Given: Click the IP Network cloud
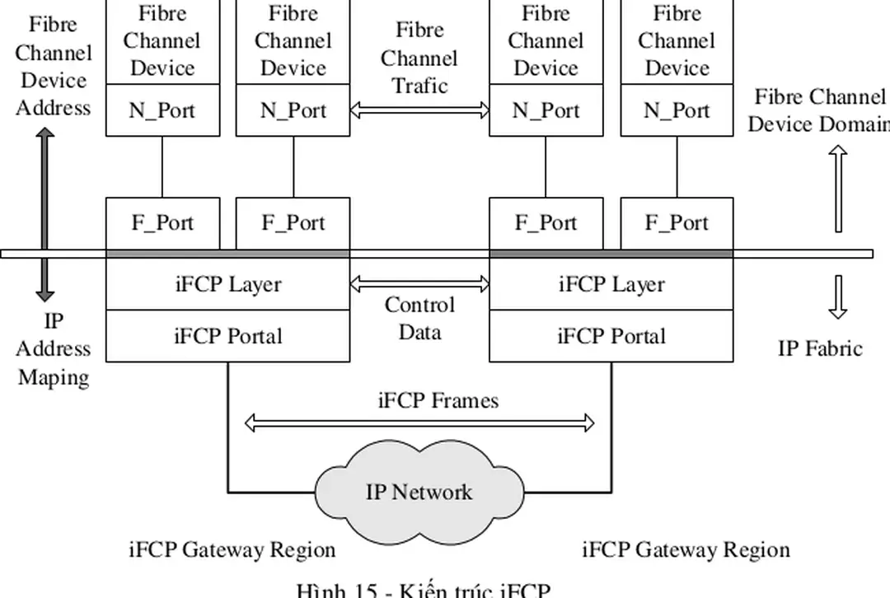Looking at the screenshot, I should pyautogui.click(x=419, y=493).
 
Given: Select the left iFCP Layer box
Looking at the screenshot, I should pyautogui.click(x=228, y=285).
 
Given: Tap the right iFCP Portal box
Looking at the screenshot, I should pyautogui.click(x=611, y=336).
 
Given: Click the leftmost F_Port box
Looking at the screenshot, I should pyautogui.click(x=162, y=223).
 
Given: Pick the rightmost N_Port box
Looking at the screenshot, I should pyautogui.click(x=677, y=110).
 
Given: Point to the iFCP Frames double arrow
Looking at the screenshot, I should pyautogui.click(x=419, y=423).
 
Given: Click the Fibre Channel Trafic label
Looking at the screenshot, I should pyautogui.click(x=419, y=58).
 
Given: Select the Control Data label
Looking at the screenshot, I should pyautogui.click(x=419, y=319).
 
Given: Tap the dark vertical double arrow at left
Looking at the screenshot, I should pyautogui.click(x=45, y=213).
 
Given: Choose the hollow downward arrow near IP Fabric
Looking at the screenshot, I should pyautogui.click(x=838, y=297).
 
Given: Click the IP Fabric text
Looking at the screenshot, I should pyautogui.click(x=819, y=348).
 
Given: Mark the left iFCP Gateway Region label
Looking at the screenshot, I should pyautogui.click(x=232, y=549).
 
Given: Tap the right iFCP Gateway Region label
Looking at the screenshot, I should pyautogui.click(x=686, y=549).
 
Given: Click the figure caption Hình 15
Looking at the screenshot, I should pyautogui.click(x=422, y=590).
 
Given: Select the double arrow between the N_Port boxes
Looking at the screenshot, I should pyautogui.click(x=419, y=109).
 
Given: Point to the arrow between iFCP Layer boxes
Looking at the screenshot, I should pyautogui.click(x=419, y=284).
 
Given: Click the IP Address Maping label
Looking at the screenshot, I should pyautogui.click(x=54, y=349).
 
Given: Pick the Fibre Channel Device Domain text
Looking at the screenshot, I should pyautogui.click(x=818, y=111).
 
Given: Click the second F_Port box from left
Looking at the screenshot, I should pyautogui.click(x=293, y=223).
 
